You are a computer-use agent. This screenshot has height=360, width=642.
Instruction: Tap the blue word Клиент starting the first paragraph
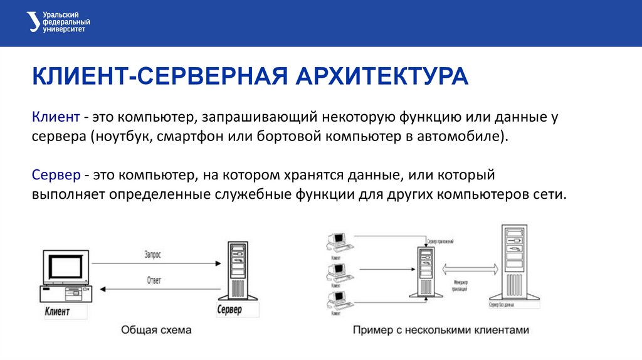pyautogui.click(x=56, y=117)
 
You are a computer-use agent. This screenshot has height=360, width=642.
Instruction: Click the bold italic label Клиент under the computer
pyautogui.click(x=58, y=311)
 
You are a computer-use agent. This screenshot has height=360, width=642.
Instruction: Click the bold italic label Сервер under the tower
pyautogui.click(x=229, y=310)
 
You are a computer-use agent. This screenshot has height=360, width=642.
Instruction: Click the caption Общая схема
pyautogui.click(x=155, y=330)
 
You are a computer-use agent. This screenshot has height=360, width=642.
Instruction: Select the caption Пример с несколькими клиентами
pyautogui.click(x=441, y=330)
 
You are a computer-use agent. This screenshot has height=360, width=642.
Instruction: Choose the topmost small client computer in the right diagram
pyautogui.click(x=337, y=240)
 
